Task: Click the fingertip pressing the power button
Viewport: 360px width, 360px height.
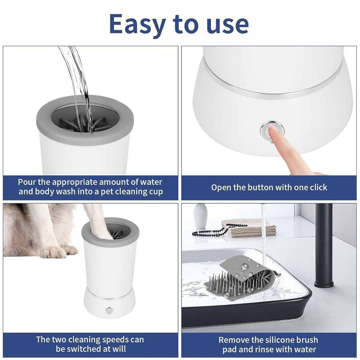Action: (x=274, y=130)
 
